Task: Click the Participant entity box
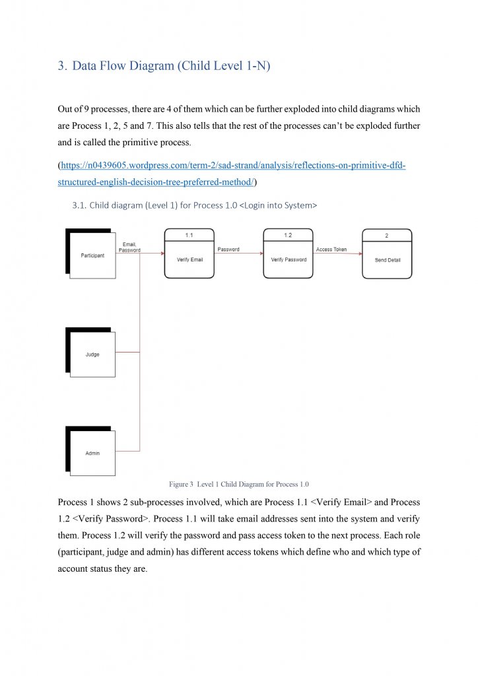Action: (92, 255)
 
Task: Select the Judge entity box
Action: (92, 355)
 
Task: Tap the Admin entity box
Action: (92, 454)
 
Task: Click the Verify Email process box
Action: (189, 259)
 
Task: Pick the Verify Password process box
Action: (289, 259)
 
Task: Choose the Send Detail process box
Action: (387, 259)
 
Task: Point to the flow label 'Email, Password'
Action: (129, 248)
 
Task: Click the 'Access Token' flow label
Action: (331, 250)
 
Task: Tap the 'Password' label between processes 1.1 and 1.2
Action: (228, 250)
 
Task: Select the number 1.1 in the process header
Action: (189, 235)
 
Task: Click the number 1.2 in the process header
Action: (289, 235)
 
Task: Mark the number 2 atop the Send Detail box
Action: (387, 236)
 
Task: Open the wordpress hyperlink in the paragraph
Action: (232, 165)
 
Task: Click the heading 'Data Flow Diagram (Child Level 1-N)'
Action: (171, 66)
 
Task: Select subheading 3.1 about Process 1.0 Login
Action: (194, 205)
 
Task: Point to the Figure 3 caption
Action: (239, 484)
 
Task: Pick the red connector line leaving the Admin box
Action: (128, 451)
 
